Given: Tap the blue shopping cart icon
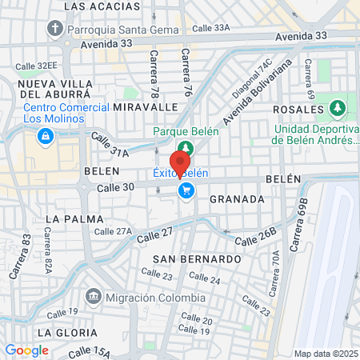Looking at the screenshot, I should click(x=186, y=190).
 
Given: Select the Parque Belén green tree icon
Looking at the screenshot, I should click(x=186, y=147).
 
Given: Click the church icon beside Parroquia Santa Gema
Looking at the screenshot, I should click(x=55, y=30).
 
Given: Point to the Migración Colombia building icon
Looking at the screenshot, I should click(x=94, y=298).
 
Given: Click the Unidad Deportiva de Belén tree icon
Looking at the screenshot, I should click(x=338, y=107).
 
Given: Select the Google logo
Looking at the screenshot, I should click(x=26, y=350).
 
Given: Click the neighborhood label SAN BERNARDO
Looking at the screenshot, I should click(x=196, y=260).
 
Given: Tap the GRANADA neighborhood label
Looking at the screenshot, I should click(x=237, y=199).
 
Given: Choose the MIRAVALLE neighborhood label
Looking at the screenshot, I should click(x=145, y=106).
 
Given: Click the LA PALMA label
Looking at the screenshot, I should click(x=71, y=218).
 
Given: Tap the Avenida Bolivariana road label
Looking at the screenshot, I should click(x=257, y=95).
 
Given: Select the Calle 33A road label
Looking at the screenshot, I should click(x=211, y=28).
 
